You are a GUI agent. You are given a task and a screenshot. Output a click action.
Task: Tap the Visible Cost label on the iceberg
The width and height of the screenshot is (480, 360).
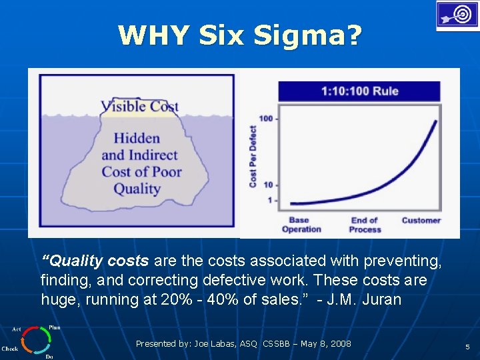(139, 106)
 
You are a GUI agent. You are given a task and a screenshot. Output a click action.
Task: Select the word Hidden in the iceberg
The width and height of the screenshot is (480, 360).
(137, 138)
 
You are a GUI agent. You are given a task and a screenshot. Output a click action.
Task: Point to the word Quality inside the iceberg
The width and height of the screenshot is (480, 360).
(137, 189)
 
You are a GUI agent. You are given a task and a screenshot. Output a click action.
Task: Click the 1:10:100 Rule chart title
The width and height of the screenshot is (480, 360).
(359, 91)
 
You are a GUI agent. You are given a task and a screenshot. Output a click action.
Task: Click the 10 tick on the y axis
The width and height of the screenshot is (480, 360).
(269, 185)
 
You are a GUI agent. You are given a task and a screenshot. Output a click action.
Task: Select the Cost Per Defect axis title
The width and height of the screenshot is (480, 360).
(253, 156)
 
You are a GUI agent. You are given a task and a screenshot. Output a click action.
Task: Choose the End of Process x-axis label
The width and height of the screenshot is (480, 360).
(365, 225)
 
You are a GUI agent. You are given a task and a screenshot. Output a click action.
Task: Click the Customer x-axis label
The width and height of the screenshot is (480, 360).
(421, 221)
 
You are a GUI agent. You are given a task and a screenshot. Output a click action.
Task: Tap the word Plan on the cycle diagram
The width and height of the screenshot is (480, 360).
(54, 328)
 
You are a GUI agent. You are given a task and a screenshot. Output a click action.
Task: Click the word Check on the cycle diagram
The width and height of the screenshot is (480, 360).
(10, 349)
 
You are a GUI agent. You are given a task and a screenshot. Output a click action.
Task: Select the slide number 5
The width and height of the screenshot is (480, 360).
(467, 347)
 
